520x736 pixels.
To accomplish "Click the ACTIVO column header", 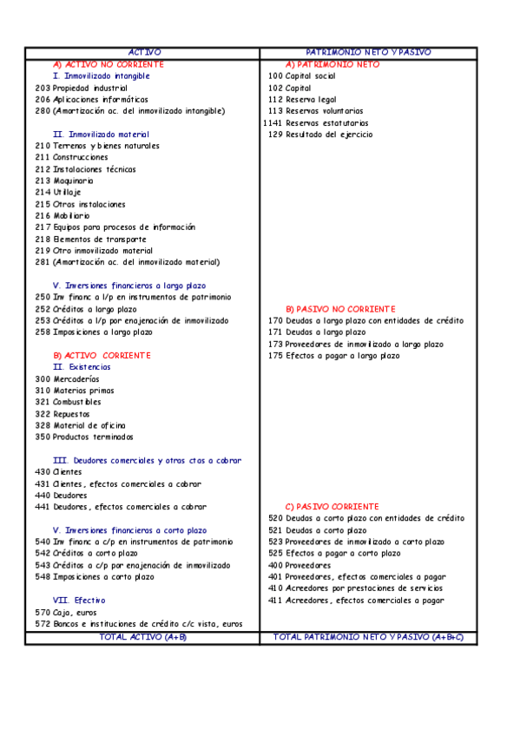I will coord(143,53).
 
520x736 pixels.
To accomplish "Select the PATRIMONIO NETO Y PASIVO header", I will coord(368,53).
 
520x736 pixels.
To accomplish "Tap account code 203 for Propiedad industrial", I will coord(43,89).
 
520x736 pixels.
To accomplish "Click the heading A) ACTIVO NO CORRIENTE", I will coord(108,65).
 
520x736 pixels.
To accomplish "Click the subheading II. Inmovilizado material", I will coord(101,135).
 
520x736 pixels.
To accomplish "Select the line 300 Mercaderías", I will coord(67,379).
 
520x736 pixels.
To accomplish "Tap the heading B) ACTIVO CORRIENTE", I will coord(102,356).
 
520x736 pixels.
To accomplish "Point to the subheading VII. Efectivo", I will coord(79,600).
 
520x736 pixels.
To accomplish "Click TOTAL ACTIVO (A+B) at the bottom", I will coord(143,637).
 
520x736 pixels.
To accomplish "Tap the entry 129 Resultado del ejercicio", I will coord(320,135).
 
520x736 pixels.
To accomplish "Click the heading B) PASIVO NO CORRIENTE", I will coord(340,309).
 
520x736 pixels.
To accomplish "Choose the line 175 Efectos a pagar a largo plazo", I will coord(334,356).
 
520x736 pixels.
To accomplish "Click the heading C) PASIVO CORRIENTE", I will coord(332,506).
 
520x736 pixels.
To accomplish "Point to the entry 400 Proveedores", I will coord(299,565).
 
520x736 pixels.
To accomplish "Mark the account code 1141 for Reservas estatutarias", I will coord(273,123).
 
